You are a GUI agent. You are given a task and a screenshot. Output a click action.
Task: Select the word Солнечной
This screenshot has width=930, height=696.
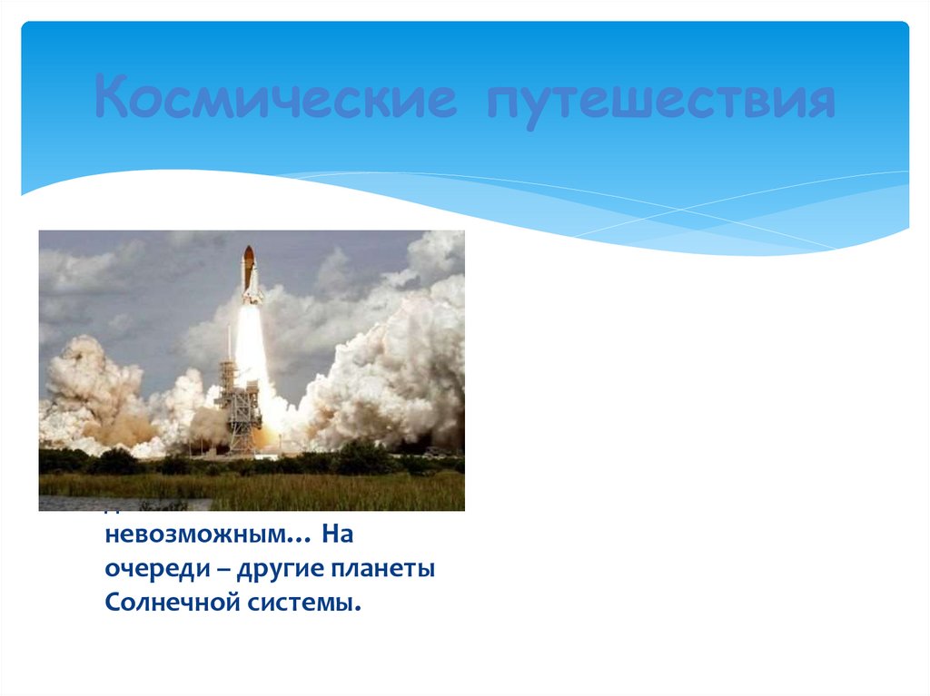(170, 603)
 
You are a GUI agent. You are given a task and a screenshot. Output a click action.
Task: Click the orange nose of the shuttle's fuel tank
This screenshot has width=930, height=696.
(248, 257)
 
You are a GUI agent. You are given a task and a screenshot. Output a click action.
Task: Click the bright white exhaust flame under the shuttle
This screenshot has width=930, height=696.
(252, 345)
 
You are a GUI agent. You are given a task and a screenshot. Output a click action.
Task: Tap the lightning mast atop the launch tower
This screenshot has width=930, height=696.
(230, 340)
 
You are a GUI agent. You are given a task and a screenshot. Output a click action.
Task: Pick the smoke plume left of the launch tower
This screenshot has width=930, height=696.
(91, 390)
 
